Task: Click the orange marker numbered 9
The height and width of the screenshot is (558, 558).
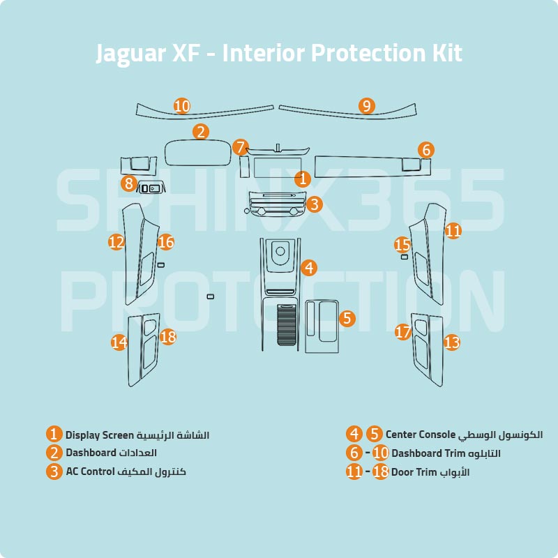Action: click(367, 106)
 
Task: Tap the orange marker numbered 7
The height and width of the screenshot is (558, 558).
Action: click(241, 147)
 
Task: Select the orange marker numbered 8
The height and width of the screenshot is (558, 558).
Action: click(128, 184)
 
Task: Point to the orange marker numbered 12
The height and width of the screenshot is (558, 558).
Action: click(116, 242)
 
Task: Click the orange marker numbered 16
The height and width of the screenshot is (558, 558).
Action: click(165, 242)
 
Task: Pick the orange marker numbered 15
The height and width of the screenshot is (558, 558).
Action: click(402, 245)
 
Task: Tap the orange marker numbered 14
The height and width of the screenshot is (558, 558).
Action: click(120, 342)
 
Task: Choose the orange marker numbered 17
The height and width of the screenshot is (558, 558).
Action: click(402, 332)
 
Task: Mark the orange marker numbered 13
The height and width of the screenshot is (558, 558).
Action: click(452, 342)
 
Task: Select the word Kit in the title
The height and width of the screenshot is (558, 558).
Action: click(443, 54)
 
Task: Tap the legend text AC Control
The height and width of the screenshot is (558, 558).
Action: click(90, 472)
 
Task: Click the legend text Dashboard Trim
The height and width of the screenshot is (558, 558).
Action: click(426, 453)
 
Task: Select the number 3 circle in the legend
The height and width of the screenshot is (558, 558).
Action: click(54, 472)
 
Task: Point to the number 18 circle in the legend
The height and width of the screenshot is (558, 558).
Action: click(380, 472)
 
